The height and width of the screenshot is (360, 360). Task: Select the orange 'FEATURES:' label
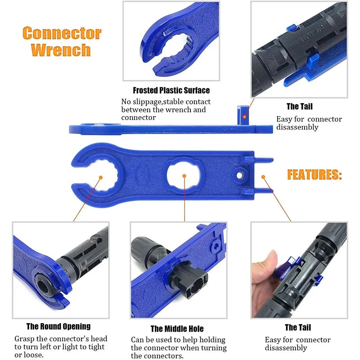[x=314, y=175]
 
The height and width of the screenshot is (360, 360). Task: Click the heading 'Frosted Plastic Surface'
[x=171, y=90]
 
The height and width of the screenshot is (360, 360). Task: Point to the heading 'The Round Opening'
[x=58, y=326]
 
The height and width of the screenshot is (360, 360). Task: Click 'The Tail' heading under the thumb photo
[x=298, y=328]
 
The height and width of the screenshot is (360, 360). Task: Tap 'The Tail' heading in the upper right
[x=299, y=107]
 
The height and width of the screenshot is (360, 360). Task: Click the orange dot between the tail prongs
[x=264, y=177]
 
